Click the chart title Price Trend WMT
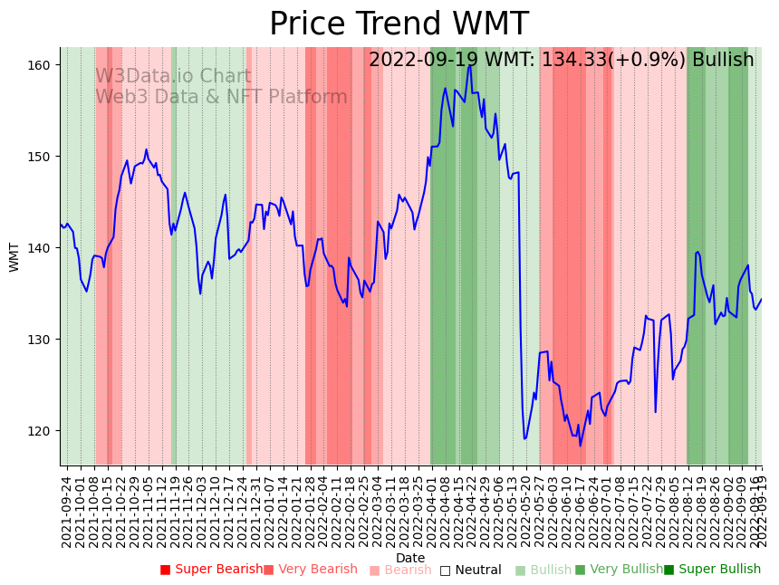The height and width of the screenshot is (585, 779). click(x=399, y=24)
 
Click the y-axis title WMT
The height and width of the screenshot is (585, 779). click(x=14, y=256)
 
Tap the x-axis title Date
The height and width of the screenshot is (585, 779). click(x=410, y=559)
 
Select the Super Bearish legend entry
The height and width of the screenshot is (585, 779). click(x=211, y=570)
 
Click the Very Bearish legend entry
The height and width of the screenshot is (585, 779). click(x=311, y=570)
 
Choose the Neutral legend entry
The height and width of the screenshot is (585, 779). click(x=470, y=570)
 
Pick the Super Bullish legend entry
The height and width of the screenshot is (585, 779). click(x=712, y=570)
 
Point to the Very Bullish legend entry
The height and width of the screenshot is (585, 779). click(x=619, y=570)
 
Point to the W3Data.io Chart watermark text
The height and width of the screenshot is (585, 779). click(x=173, y=77)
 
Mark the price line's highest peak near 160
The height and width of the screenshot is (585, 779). click(x=469, y=64)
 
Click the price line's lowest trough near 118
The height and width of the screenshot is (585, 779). click(x=581, y=446)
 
